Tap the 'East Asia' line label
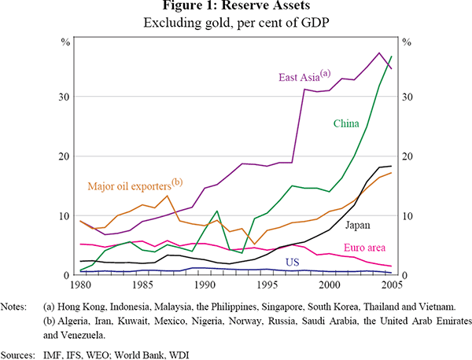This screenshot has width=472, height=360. pos(304,76)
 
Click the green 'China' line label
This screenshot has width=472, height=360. pos(347,123)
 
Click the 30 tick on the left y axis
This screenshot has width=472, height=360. pos(67,97)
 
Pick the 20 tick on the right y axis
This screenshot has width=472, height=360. pos(408,156)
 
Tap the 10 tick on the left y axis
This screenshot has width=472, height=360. pos(67,216)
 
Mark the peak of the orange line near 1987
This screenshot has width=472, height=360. pos(168,196)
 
